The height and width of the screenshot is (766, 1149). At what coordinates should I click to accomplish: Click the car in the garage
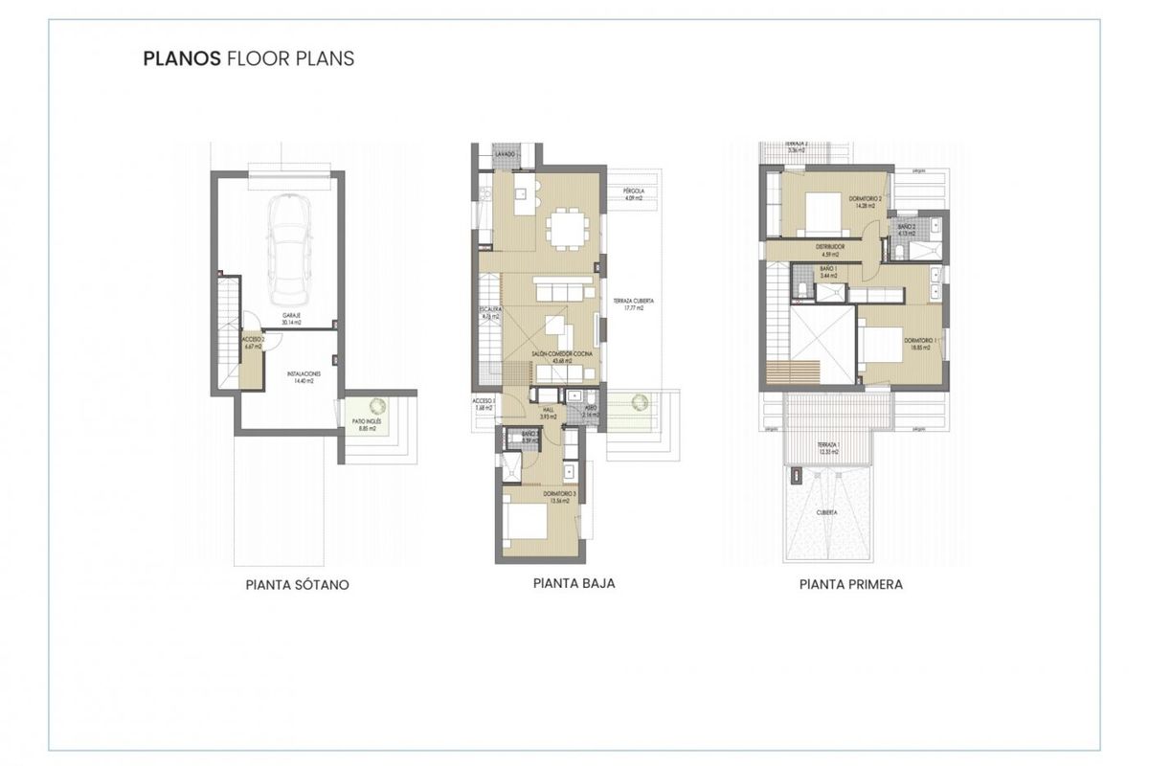tap(288, 246)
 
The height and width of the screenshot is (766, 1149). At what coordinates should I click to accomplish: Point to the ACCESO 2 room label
tap(252, 344)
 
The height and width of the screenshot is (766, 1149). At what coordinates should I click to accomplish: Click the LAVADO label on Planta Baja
tap(506, 154)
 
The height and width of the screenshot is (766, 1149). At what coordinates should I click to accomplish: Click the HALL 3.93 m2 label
tap(548, 413)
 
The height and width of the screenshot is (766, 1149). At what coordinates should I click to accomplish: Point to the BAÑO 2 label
tap(906, 229)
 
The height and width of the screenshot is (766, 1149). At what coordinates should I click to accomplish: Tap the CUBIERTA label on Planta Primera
tap(826, 512)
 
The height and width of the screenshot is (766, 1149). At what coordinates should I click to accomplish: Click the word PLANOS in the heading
tap(181, 58)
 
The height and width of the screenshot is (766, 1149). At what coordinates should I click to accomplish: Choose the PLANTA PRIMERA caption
tap(850, 583)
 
